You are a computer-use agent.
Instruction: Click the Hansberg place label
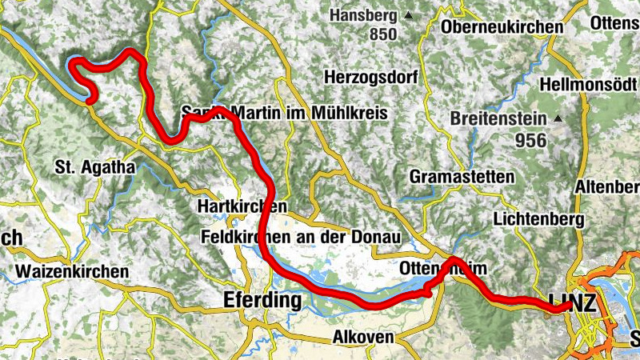coord(364,15)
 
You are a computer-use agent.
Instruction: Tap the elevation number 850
coord(383,34)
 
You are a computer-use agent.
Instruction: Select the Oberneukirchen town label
coord(502,26)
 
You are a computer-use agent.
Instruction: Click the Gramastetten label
coord(460,175)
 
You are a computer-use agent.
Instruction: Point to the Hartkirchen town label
coord(241,206)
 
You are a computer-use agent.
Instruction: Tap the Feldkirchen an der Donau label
coord(287,237)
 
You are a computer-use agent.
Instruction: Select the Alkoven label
coord(364,337)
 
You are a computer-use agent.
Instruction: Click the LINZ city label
coord(573,302)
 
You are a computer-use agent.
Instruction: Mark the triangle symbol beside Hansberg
coord(409,15)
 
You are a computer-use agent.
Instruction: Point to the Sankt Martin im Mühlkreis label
coord(285,114)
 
